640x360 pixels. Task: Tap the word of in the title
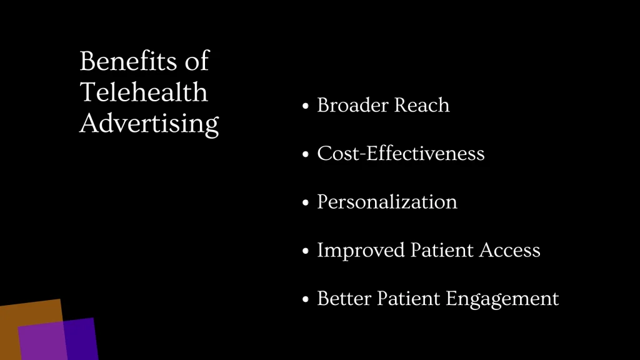click(x=196, y=62)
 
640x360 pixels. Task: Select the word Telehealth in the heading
click(x=144, y=92)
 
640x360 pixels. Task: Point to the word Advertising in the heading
click(x=149, y=124)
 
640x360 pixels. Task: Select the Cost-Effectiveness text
click(x=401, y=153)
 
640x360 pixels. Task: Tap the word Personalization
click(x=387, y=202)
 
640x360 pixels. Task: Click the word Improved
click(x=361, y=251)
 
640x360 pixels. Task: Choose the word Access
click(x=509, y=251)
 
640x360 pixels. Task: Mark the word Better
click(x=344, y=299)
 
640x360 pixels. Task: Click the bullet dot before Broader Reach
click(x=306, y=106)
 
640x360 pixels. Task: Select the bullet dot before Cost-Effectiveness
click(x=306, y=154)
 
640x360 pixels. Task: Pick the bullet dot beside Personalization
click(x=306, y=203)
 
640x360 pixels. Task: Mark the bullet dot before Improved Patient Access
click(x=306, y=251)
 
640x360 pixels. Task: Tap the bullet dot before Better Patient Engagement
click(x=306, y=300)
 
